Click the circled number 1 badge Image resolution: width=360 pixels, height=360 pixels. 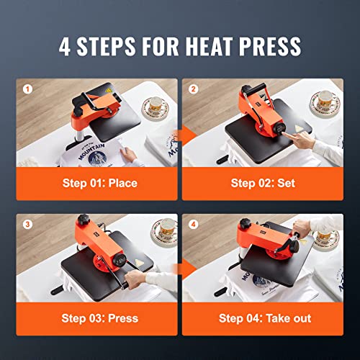[x=28, y=90]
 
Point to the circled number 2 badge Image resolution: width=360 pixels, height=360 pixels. [x=194, y=90]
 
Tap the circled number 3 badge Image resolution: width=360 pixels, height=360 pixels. [x=28, y=222]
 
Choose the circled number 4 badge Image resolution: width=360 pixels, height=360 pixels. [x=194, y=222]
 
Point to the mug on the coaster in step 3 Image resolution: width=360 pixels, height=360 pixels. [x=160, y=232]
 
